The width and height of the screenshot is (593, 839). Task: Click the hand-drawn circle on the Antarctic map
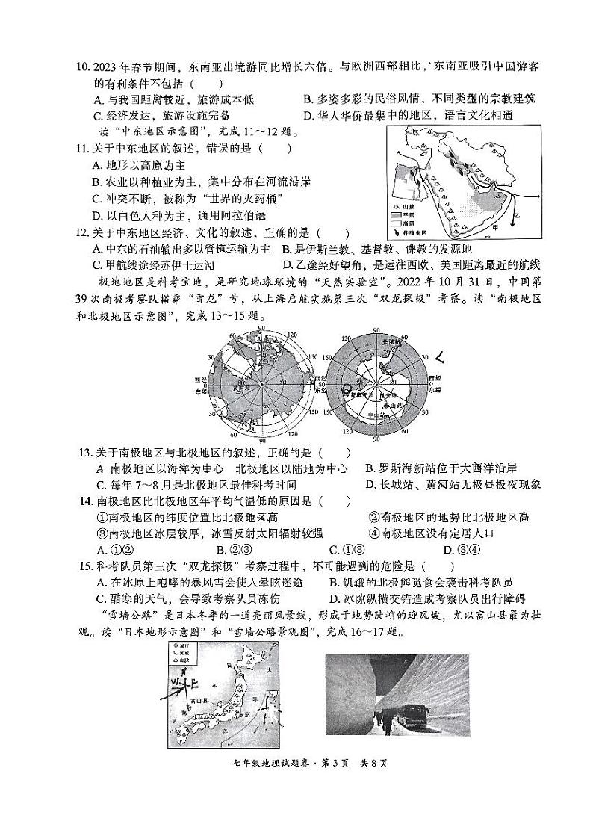pyautogui.click(x=347, y=387)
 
